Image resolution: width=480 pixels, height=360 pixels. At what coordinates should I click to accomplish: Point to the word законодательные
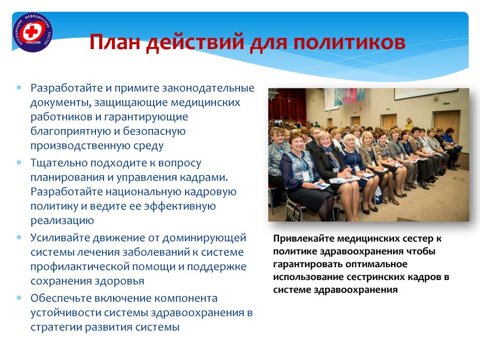click(208, 88)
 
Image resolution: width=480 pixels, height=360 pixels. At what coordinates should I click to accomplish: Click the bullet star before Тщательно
click(19, 163)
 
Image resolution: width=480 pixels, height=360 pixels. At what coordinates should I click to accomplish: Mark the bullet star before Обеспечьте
click(19, 298)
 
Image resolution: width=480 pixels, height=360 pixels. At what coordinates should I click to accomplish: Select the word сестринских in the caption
click(375, 277)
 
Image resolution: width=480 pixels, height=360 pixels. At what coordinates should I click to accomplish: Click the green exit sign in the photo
click(446, 103)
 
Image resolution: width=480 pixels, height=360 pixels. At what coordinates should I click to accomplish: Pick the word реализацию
click(62, 221)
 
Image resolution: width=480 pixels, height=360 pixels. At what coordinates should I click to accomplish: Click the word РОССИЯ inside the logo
click(33, 43)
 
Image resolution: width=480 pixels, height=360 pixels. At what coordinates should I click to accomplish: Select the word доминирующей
click(204, 238)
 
